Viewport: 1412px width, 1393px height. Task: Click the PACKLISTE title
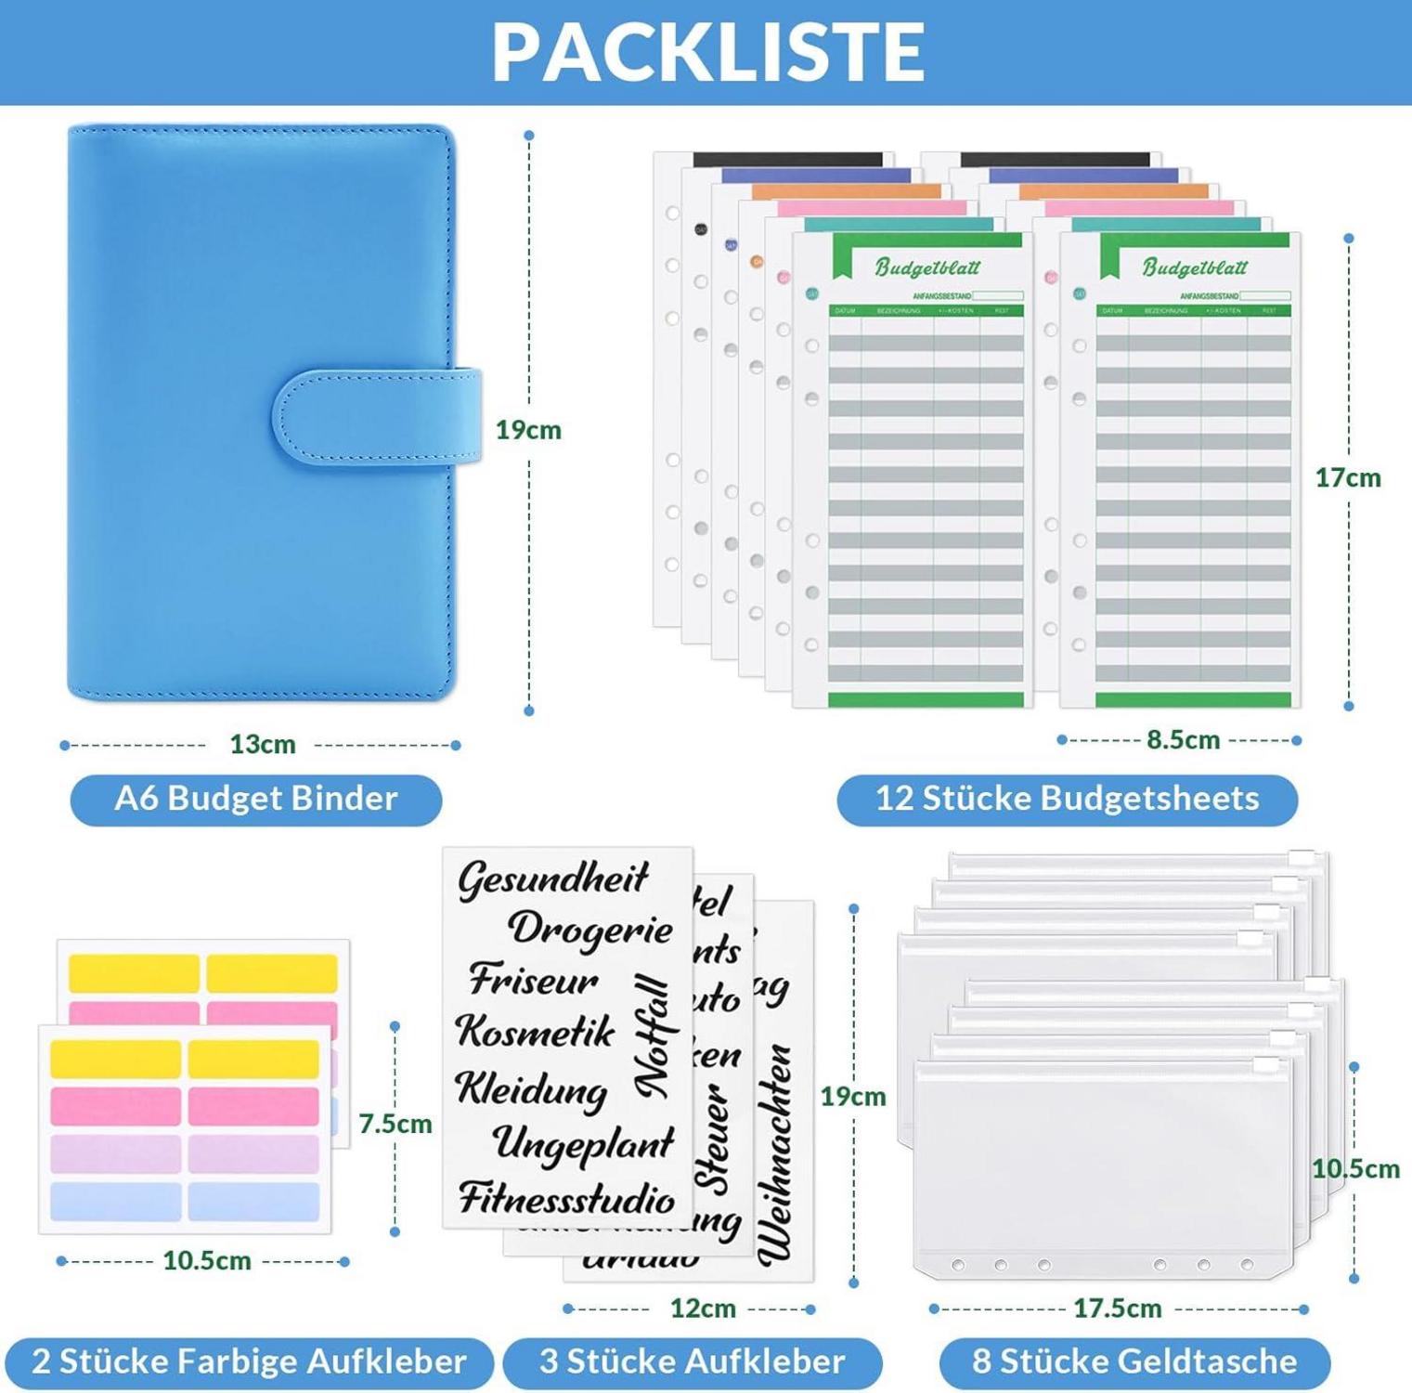point(707,51)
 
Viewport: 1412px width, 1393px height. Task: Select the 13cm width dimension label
point(262,744)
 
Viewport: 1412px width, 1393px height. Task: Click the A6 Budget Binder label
point(256,799)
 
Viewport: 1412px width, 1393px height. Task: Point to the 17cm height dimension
point(1347,477)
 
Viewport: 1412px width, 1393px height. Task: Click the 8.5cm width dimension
point(1182,739)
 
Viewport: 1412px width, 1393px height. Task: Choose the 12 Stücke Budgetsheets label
point(1067,799)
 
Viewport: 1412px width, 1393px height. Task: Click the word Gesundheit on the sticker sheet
point(553,878)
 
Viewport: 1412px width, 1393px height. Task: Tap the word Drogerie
point(590,929)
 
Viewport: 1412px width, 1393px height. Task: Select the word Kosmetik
point(536,1031)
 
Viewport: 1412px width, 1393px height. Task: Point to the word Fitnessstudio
point(566,1198)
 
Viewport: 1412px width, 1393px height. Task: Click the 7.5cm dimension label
point(395,1124)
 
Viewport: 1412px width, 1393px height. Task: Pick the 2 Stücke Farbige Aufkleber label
point(248,1361)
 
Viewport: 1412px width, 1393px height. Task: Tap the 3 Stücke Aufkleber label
point(692,1361)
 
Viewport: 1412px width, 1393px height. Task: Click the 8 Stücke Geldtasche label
point(1133,1361)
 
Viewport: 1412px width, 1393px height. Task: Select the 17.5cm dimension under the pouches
point(1117,1308)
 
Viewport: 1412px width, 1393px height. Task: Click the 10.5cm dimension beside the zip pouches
point(1354,1168)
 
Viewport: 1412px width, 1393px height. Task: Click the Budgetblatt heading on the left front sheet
point(926,267)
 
